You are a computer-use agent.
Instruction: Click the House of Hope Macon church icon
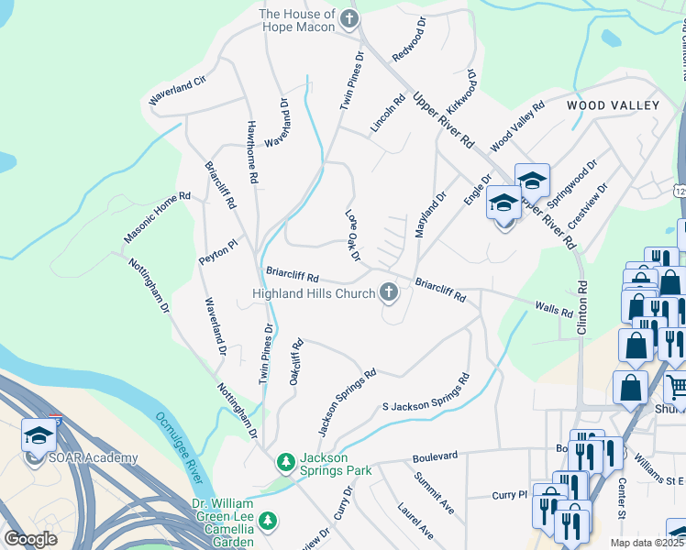349,18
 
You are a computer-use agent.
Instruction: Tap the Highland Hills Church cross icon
389,293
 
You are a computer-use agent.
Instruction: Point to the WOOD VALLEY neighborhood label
613,105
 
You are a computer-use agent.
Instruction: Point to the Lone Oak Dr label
352,236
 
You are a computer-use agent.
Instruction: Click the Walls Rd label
554,310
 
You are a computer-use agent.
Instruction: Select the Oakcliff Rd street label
295,363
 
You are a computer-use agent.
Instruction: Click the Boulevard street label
435,456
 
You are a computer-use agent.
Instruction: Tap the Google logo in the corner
31,539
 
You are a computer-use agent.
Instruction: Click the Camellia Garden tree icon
267,522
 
